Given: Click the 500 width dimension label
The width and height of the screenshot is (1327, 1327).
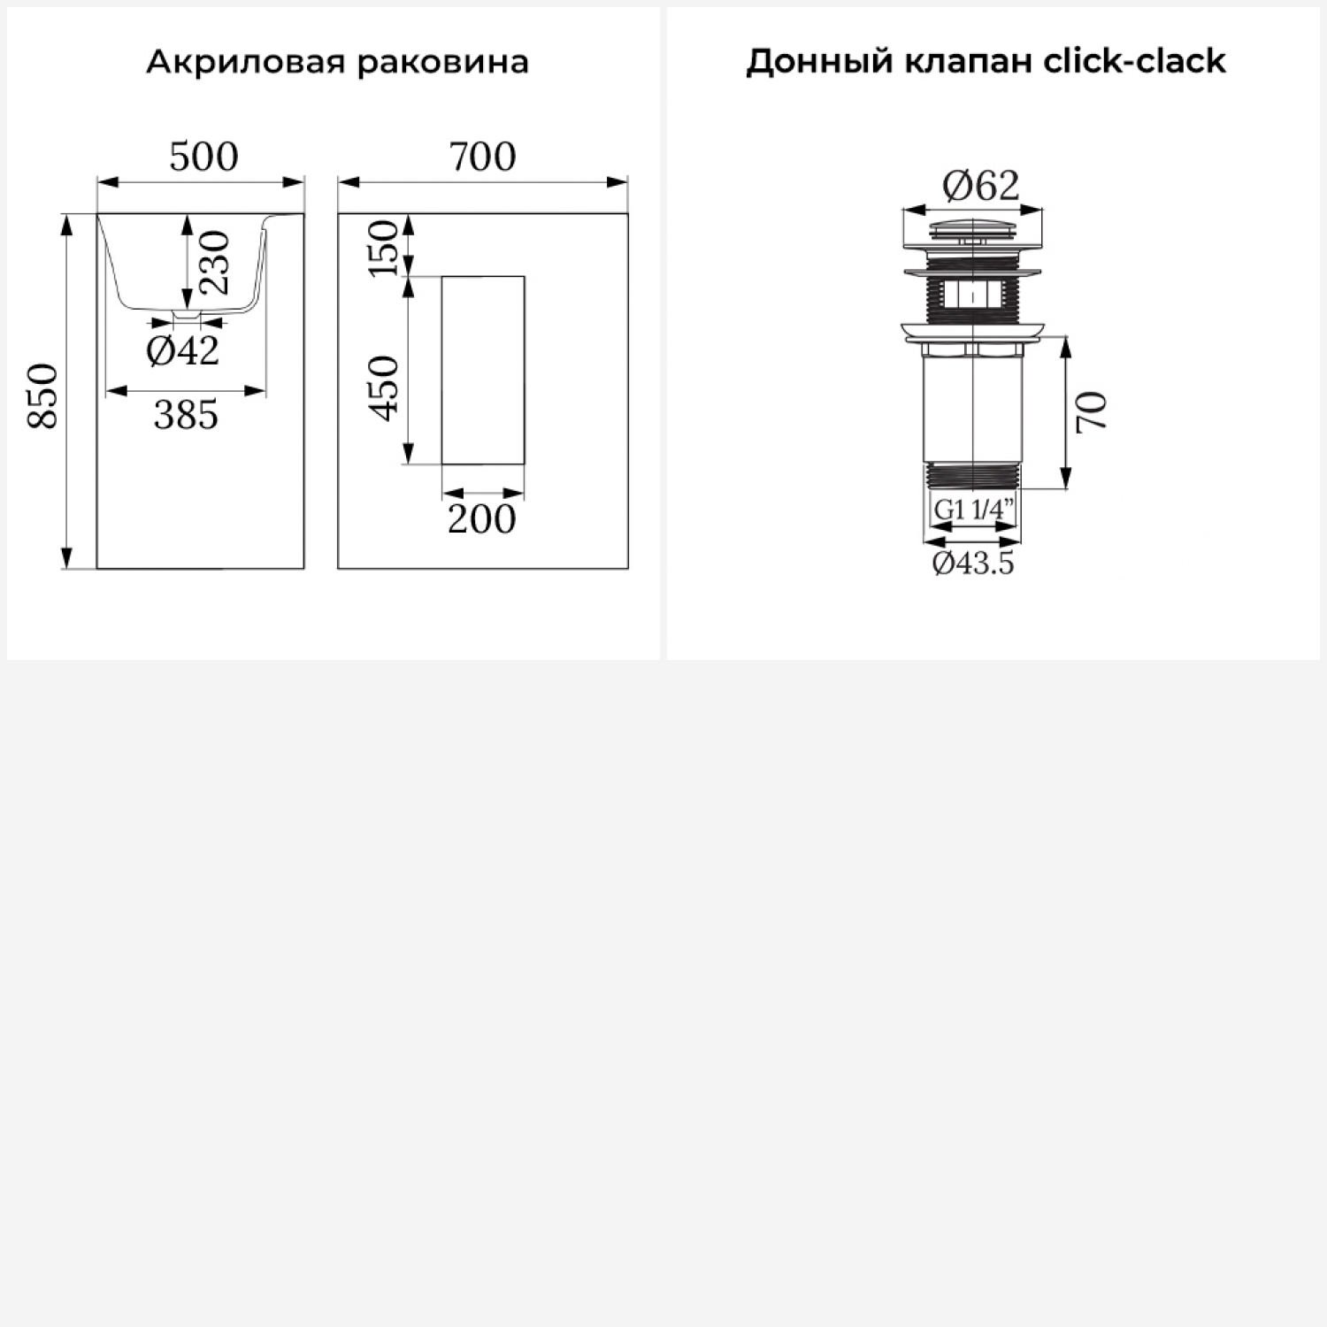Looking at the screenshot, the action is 203,157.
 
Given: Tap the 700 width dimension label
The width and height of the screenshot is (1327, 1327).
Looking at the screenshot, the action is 482,157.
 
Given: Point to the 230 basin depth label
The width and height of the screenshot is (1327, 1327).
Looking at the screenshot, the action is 214,262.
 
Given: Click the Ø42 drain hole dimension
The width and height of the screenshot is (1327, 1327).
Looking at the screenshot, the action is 183,351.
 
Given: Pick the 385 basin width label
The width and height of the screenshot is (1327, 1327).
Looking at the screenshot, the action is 186,415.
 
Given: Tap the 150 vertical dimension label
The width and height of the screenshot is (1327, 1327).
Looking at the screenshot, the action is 383,249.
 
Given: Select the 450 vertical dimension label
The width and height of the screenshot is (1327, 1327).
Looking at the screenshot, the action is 383,387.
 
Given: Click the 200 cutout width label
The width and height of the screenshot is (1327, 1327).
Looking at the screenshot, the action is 481,519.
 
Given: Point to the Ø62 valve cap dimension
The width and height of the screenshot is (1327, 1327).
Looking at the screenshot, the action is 980,186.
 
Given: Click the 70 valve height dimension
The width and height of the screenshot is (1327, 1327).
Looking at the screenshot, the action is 1092,411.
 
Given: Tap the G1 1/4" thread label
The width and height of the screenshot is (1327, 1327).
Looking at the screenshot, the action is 973,510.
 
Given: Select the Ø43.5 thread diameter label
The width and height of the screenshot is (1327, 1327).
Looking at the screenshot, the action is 973,563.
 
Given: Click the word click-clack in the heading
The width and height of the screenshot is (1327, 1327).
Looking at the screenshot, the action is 1134,61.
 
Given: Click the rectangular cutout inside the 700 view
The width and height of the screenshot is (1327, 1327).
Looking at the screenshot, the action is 483,370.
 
